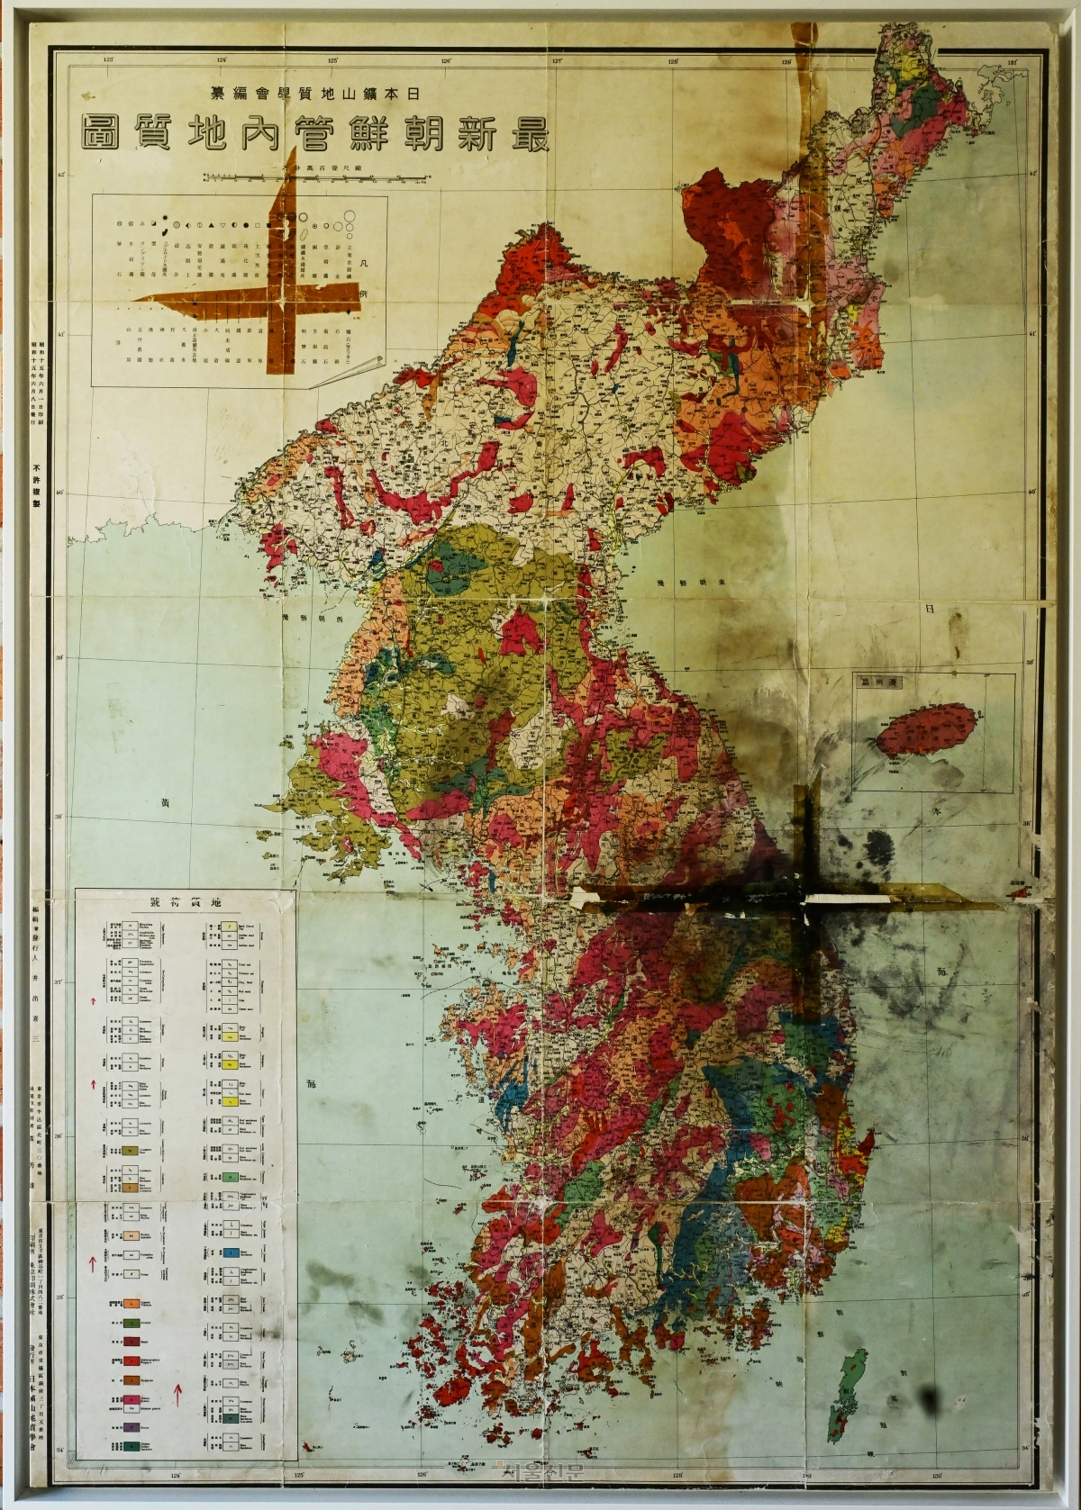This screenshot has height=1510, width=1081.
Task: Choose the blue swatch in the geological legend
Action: pos(232,1252)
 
